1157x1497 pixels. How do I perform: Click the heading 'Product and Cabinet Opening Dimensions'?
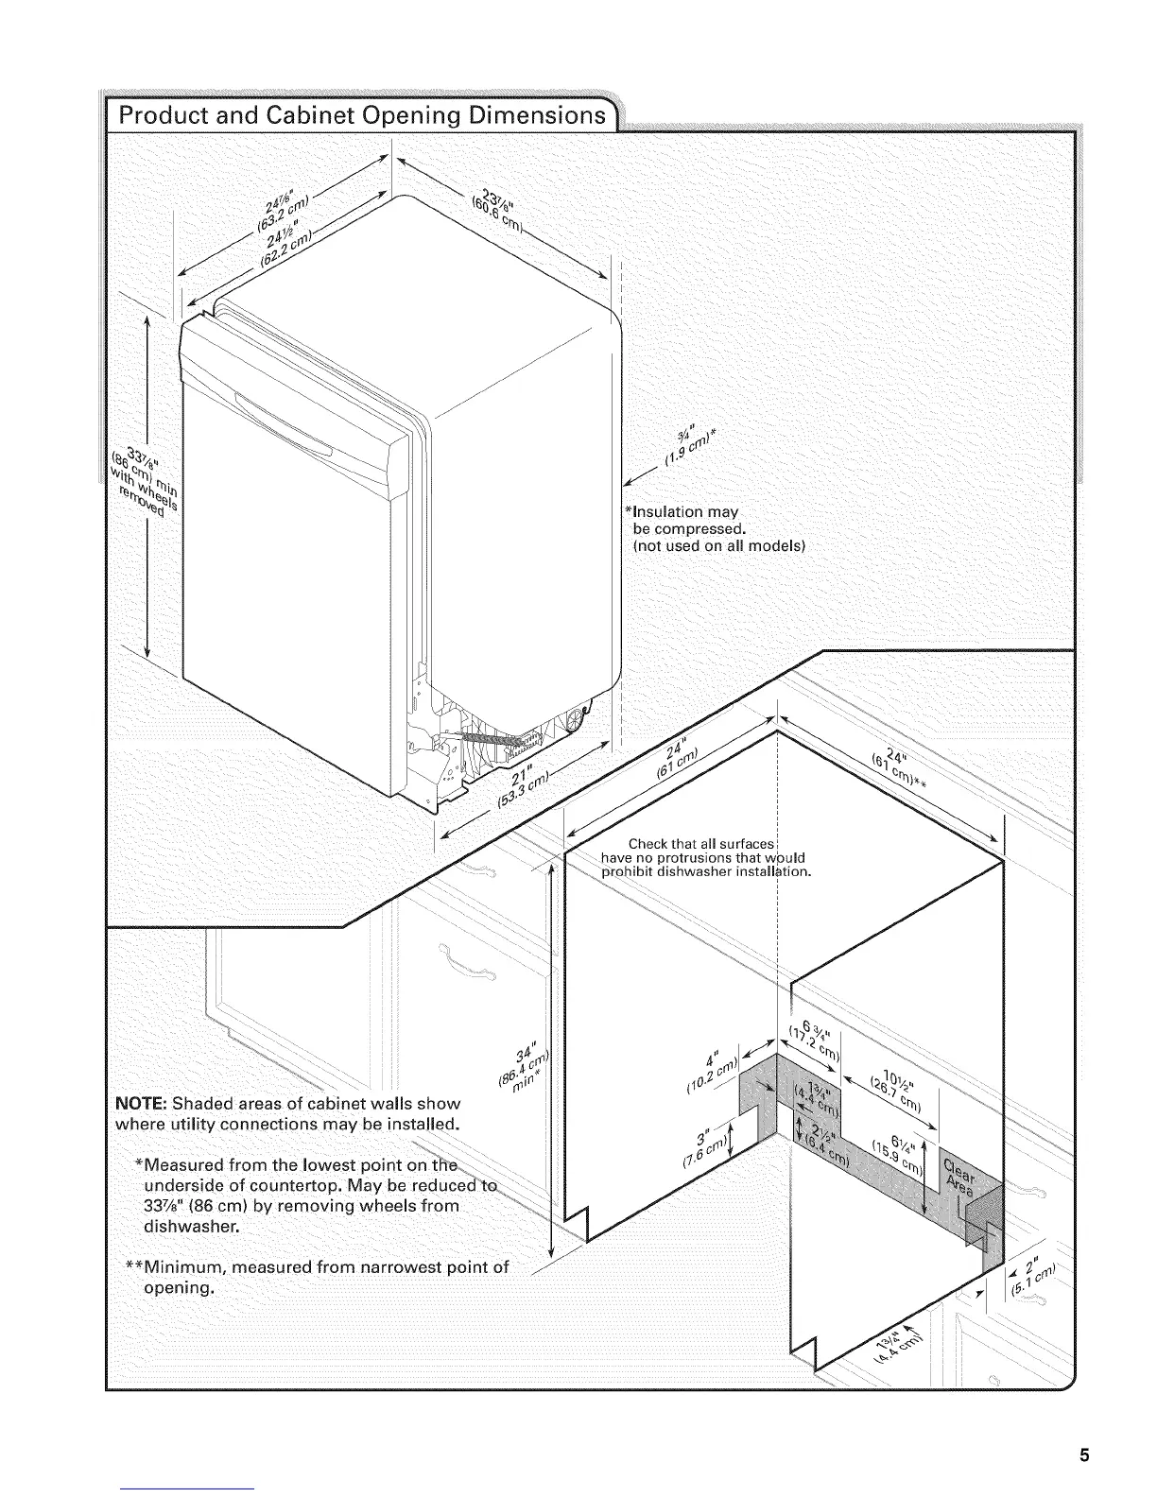pyautogui.click(x=358, y=116)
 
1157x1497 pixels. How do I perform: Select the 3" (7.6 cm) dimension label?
pyautogui.click(x=703, y=1144)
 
